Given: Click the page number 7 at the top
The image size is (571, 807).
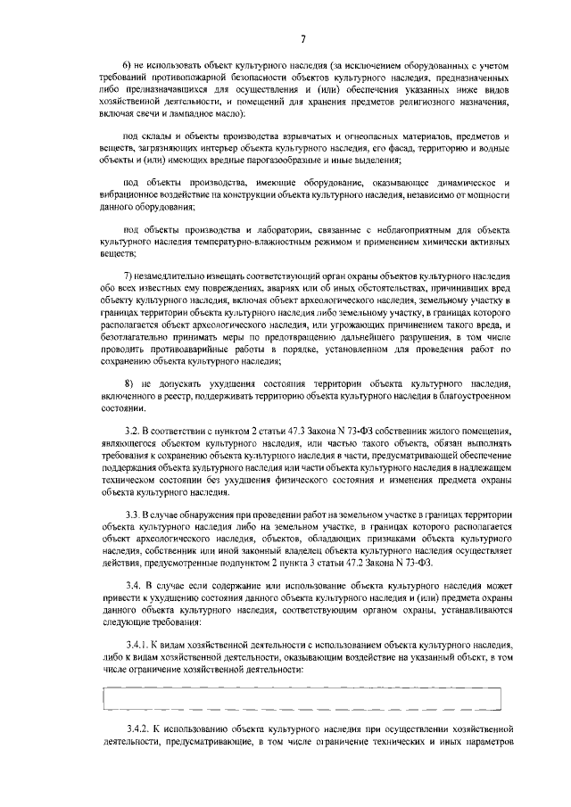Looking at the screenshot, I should click(x=302, y=37).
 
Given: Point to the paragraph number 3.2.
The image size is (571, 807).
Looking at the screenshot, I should click(x=133, y=432).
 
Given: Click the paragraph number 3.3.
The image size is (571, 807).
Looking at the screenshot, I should click(x=133, y=515).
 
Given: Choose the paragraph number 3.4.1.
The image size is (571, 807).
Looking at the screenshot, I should click(x=137, y=645).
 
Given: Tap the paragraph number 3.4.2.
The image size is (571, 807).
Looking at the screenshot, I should click(x=137, y=729).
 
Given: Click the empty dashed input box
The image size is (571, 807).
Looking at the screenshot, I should click(x=302, y=698).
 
